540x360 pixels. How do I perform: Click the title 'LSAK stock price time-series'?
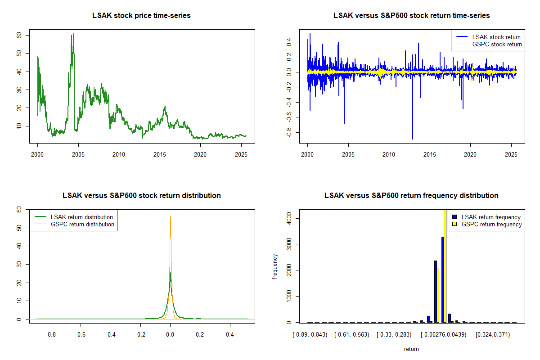(141, 16)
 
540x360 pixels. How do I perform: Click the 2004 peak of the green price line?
(73, 34)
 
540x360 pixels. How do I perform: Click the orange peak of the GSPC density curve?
(170, 216)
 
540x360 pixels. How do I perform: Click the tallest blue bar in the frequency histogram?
(443, 279)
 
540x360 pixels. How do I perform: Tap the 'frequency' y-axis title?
(275, 266)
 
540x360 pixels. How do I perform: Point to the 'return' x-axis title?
(411, 349)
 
